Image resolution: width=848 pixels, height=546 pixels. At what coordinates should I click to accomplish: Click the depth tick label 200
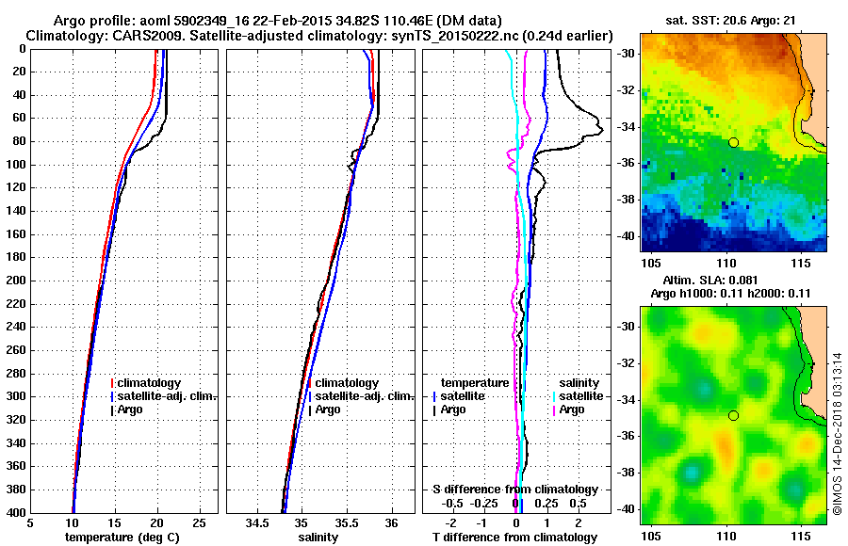(x=15, y=281)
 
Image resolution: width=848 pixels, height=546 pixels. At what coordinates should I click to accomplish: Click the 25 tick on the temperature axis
(x=199, y=522)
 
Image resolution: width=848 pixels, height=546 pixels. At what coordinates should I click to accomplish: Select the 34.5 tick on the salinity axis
(x=258, y=522)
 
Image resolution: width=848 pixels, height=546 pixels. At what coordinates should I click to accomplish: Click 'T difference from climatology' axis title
(x=514, y=537)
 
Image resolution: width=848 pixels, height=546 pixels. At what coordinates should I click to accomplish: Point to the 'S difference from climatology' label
(x=514, y=490)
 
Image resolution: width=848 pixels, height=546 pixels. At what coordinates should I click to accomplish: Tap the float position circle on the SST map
(x=733, y=142)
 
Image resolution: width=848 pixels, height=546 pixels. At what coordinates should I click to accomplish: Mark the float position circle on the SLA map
(x=733, y=415)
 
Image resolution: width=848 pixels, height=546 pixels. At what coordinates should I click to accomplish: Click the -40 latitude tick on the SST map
(x=627, y=235)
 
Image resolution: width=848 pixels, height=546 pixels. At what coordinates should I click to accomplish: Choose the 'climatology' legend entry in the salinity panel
(x=347, y=383)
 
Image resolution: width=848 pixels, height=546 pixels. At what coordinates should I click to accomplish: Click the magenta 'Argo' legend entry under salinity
(x=572, y=409)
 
